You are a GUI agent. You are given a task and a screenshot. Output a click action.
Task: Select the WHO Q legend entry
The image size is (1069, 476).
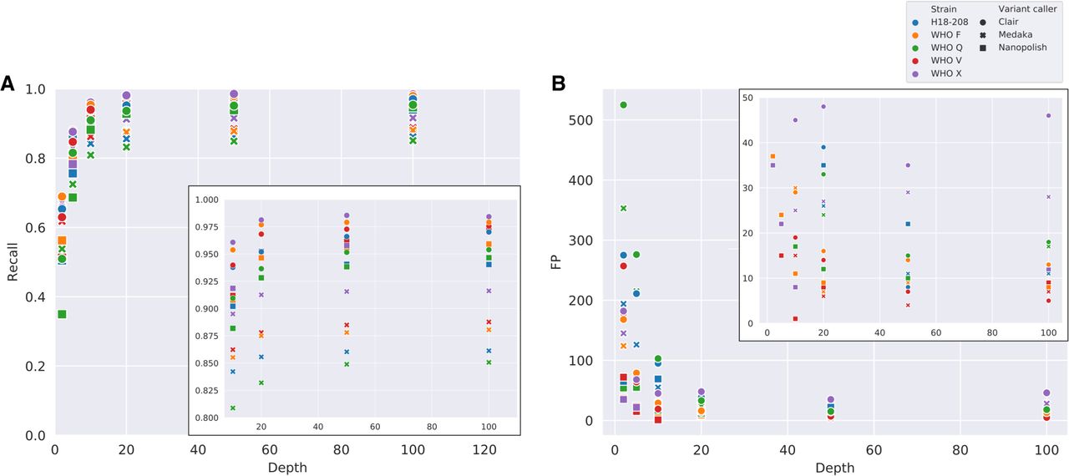tap(941, 48)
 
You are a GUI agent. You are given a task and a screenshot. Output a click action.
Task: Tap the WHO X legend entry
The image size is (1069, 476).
tap(941, 73)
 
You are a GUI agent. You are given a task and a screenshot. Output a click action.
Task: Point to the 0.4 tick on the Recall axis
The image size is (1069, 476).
tap(36, 297)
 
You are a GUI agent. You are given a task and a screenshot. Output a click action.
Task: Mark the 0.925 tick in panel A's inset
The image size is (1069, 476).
tap(205, 281)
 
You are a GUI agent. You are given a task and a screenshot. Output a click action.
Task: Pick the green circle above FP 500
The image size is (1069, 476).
tap(623, 105)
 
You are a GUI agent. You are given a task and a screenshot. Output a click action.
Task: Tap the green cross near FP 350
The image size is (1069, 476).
tap(623, 208)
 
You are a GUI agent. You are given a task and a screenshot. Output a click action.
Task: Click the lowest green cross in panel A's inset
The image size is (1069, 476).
tap(233, 408)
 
